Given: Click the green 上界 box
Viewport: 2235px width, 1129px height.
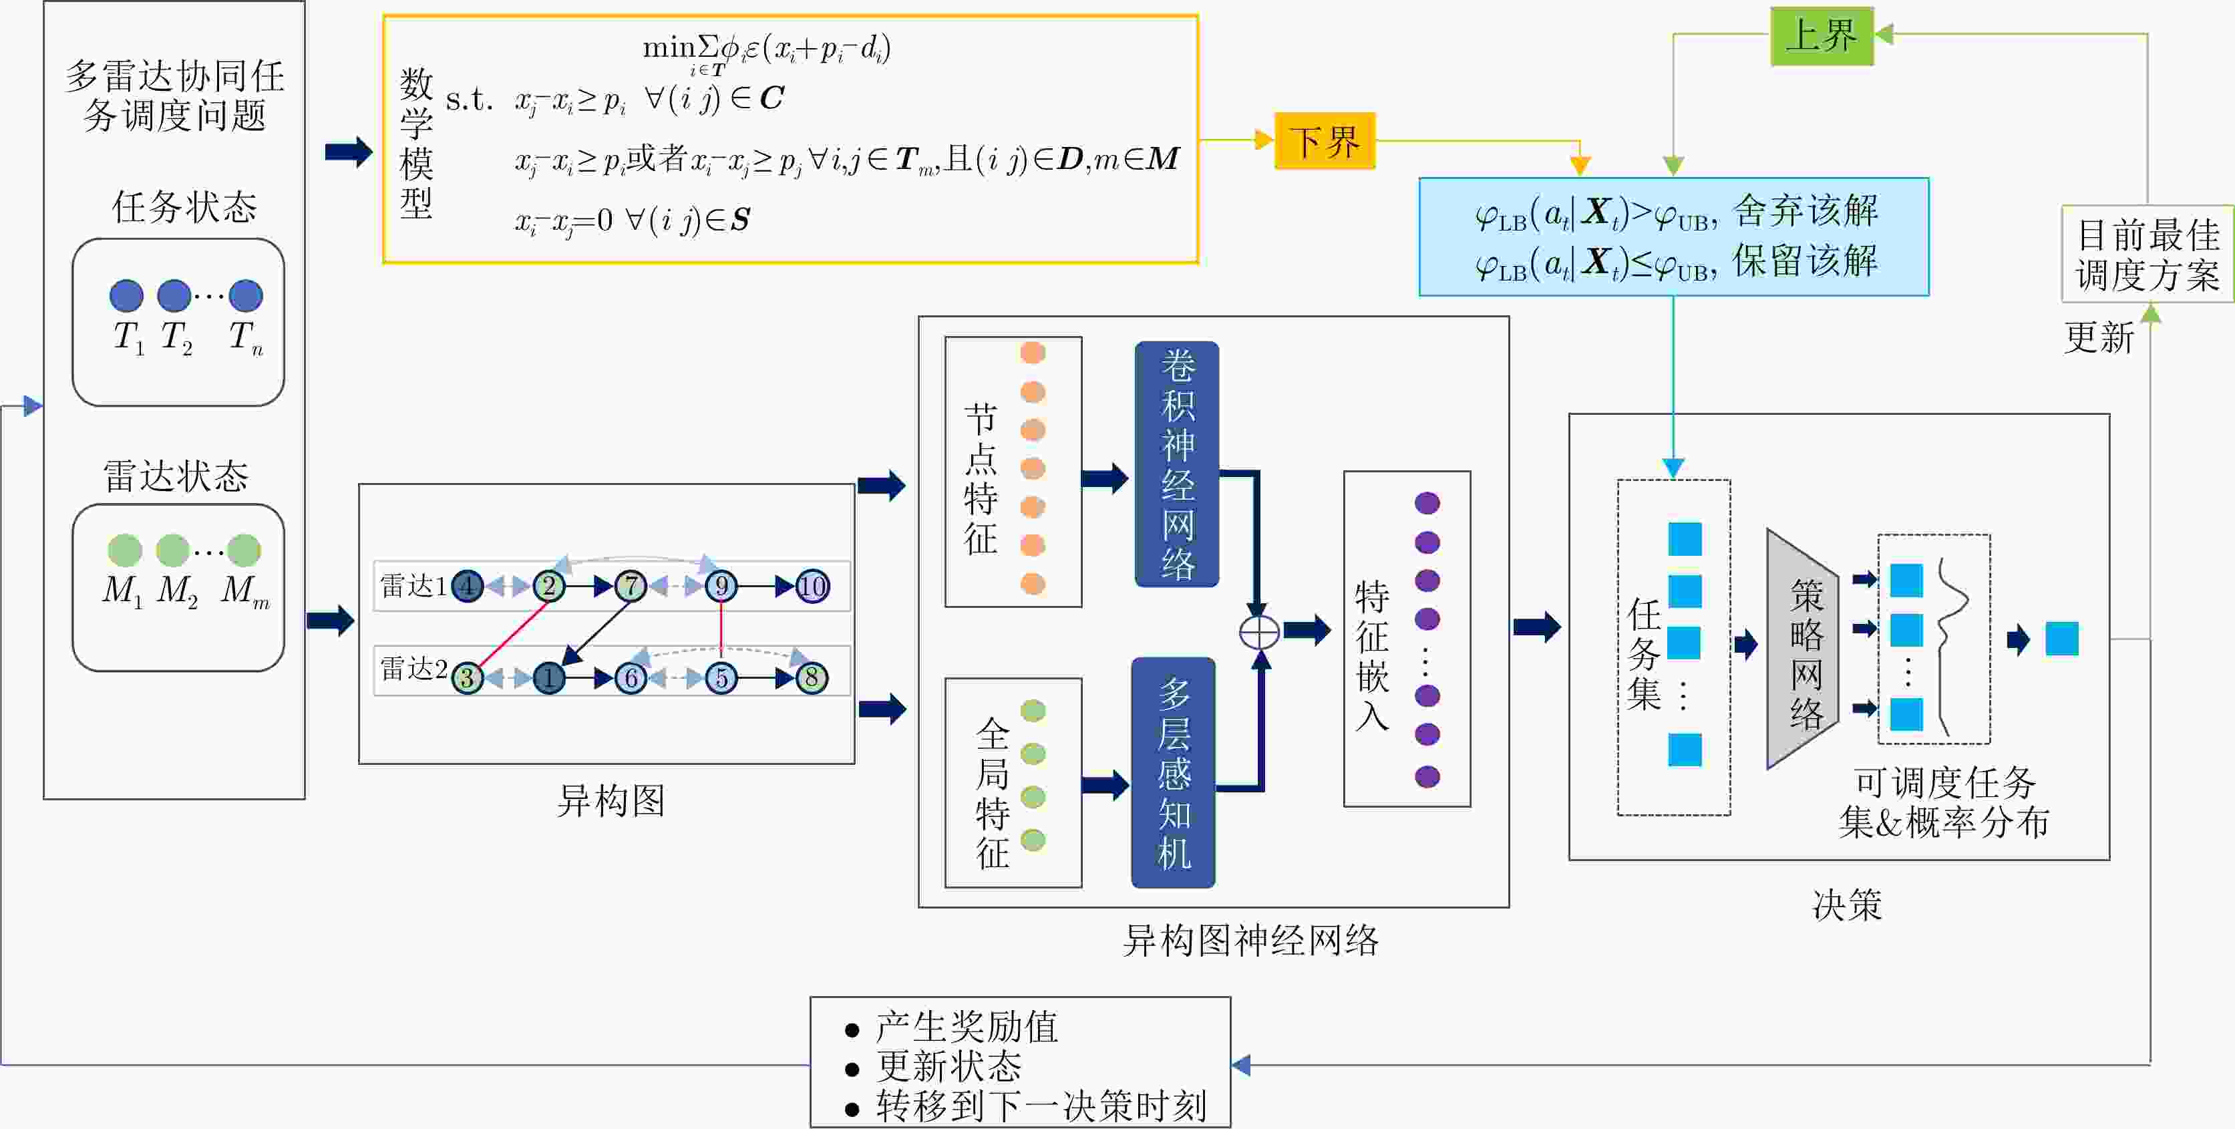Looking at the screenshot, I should click(x=1821, y=35).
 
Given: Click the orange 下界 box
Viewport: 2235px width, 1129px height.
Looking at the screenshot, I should click(x=1324, y=140).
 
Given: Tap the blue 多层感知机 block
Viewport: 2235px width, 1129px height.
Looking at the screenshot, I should click(x=1173, y=772).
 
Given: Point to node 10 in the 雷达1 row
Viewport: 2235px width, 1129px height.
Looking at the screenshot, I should click(x=812, y=587).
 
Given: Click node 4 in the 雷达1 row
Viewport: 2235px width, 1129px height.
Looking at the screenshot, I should click(x=468, y=587).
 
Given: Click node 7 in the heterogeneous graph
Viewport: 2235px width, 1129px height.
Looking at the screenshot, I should click(x=631, y=587).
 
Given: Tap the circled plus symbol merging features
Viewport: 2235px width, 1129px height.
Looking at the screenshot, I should click(x=1259, y=632).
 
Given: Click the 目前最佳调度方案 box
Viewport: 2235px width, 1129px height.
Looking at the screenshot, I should click(x=2147, y=255).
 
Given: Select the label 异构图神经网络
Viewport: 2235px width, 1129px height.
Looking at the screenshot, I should click(x=1250, y=941).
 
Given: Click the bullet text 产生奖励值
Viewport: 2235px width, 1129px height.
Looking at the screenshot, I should click(x=967, y=1027).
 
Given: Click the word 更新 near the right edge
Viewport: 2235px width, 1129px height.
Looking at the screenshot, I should click(x=2098, y=337).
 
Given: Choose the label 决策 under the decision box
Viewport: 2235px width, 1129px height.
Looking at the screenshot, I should click(x=1847, y=905).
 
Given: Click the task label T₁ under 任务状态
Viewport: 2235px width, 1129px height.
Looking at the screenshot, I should click(x=128, y=337).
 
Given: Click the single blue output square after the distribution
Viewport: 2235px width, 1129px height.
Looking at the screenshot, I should click(x=2061, y=639).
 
